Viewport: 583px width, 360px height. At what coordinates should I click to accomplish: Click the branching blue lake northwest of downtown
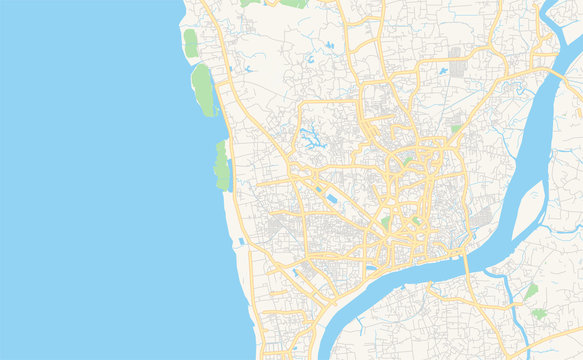point(313,138)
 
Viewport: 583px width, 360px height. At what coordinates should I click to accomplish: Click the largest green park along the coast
point(203,88)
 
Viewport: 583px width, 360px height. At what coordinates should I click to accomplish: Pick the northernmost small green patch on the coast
point(190,42)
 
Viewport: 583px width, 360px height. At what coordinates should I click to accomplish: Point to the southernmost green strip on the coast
point(221,165)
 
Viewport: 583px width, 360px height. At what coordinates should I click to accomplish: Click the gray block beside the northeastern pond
point(457,68)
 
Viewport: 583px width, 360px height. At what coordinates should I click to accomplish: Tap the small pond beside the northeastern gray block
point(441,72)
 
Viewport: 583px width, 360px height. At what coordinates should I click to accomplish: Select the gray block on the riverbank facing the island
point(481,219)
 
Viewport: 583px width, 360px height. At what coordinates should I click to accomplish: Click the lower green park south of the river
point(540,313)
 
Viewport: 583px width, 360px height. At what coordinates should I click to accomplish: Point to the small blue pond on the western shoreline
point(240,240)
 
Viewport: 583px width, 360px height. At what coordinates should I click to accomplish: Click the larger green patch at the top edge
point(294,3)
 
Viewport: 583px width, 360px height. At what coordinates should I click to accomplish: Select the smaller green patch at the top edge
point(249,3)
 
